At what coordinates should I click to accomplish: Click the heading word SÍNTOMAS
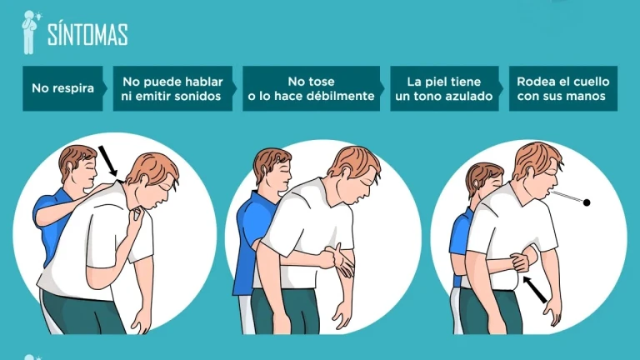87,34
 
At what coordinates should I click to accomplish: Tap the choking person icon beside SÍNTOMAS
29,32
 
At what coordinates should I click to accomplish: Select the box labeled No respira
62,88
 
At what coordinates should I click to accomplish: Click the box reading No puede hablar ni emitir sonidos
172,88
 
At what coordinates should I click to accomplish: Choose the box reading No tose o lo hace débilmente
312,88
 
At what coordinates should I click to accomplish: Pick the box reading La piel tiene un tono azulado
444,88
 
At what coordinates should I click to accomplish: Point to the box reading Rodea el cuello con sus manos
563,88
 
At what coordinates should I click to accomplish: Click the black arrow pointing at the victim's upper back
107,162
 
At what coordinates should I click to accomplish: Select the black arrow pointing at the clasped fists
535,289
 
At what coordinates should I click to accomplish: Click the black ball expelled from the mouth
587,202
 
